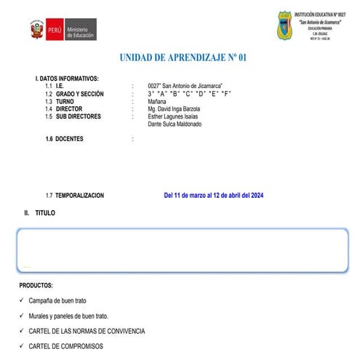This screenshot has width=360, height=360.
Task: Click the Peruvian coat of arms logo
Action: click(36, 30)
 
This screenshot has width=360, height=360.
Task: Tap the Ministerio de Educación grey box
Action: click(81, 30)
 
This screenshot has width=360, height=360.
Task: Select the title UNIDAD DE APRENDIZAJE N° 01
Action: click(188, 57)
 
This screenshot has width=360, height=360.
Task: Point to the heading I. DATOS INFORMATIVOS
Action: click(67, 79)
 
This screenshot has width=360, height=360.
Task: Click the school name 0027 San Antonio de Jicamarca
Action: click(185, 86)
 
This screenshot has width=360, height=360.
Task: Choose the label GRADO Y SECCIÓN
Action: click(79, 94)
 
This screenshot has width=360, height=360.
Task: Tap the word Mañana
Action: click(156, 102)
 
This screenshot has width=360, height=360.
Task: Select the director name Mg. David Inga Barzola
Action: click(173, 109)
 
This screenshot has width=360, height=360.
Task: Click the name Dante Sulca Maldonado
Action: click(175, 124)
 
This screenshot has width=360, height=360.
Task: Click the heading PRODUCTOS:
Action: click(36, 286)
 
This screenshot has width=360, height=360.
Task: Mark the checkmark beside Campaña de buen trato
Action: click(22, 300)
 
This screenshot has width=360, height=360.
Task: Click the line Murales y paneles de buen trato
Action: click(68, 316)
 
